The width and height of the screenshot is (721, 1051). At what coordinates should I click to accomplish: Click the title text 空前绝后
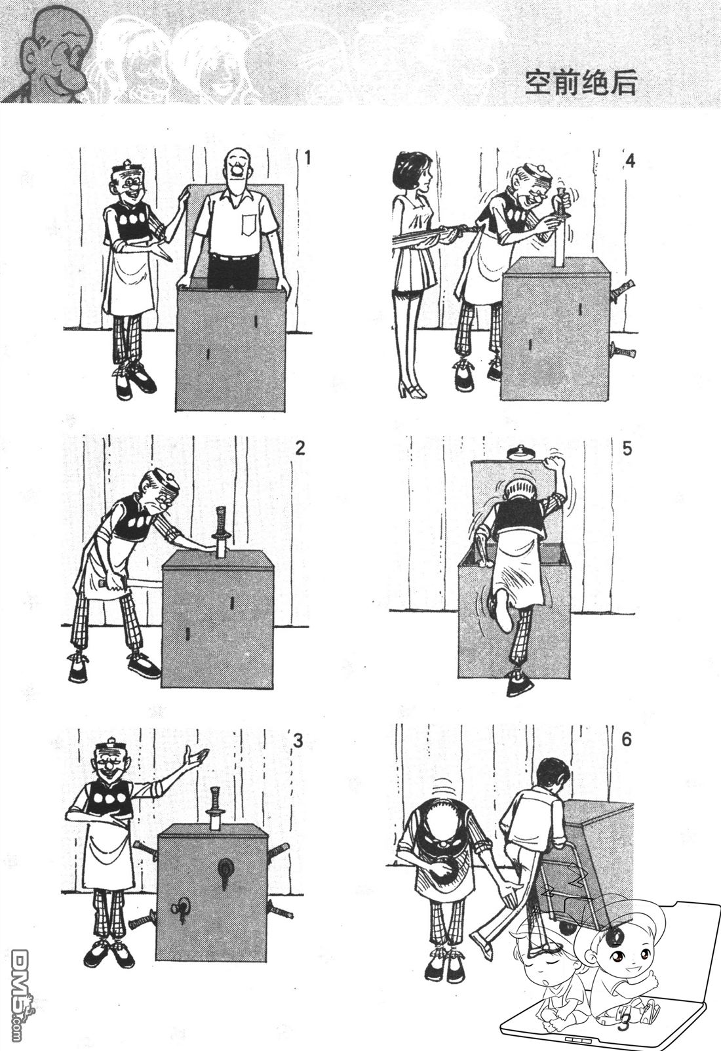point(580,83)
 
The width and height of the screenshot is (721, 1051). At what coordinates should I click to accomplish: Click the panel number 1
point(308,158)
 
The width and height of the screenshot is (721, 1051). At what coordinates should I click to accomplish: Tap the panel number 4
point(630,161)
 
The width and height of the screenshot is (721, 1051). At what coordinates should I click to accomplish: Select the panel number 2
point(300,448)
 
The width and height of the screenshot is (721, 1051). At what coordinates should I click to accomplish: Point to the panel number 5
point(627,449)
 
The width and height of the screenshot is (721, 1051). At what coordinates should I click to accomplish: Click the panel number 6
point(627,740)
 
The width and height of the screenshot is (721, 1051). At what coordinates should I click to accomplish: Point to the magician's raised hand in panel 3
point(196,757)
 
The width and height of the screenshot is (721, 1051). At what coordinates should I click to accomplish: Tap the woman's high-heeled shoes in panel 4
point(411,389)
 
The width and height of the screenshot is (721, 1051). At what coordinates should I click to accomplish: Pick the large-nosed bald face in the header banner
point(56,56)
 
